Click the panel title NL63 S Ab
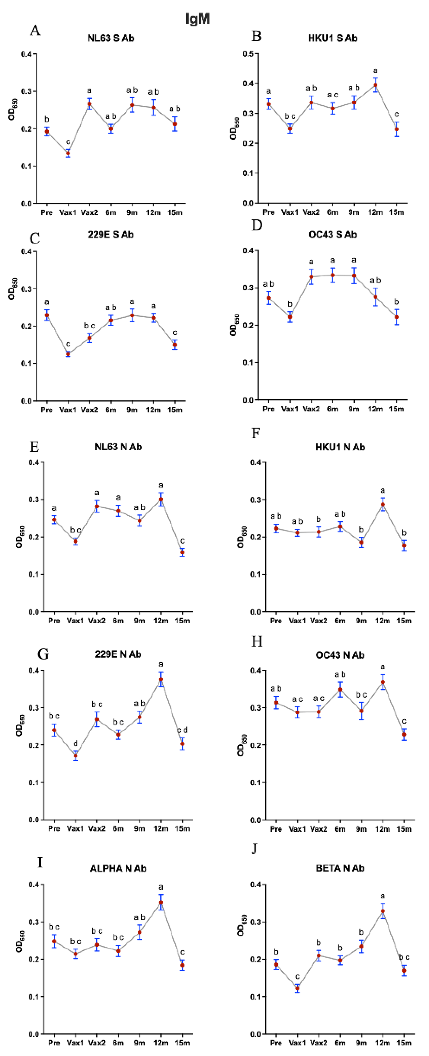pos(111,38)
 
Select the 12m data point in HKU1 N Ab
pos(383,505)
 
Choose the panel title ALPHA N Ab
pos(118,868)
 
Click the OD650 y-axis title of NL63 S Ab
pos(12,111)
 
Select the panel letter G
pos(43,654)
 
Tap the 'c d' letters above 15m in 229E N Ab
pos(182,730)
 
